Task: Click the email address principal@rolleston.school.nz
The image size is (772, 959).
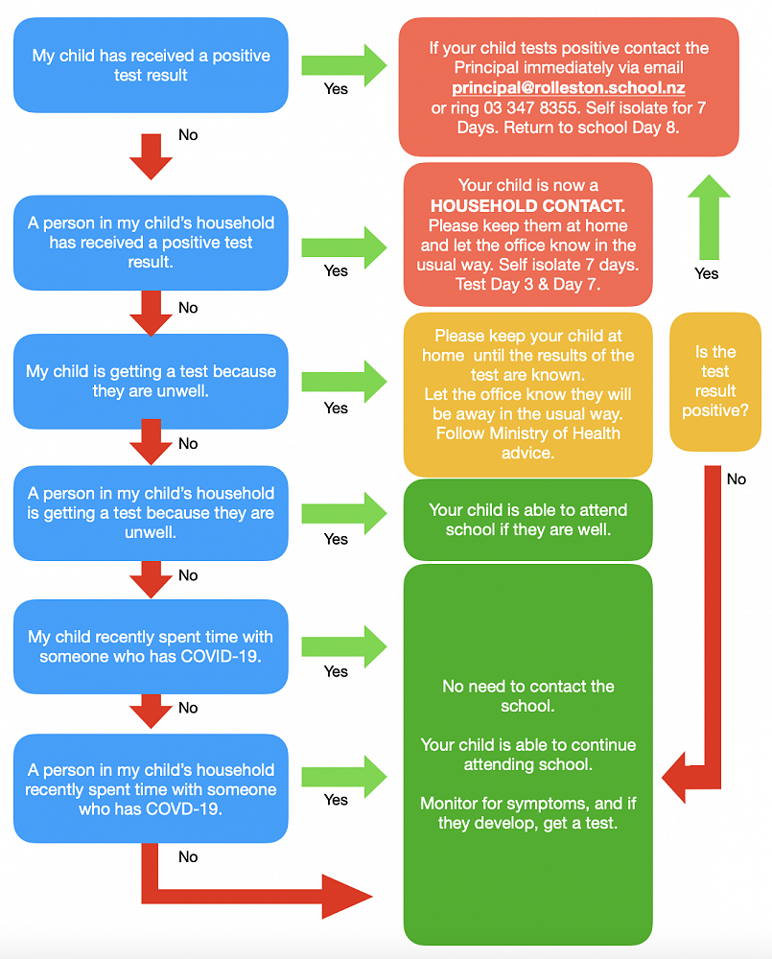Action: click(x=569, y=87)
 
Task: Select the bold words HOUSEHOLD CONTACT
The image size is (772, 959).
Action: click(x=527, y=205)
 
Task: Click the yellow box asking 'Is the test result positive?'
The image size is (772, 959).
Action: click(x=715, y=382)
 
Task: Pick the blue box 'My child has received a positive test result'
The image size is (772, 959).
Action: click(x=151, y=65)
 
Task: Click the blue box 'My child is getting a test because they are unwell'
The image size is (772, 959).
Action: click(x=151, y=381)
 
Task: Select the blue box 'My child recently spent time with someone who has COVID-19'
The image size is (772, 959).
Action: click(x=151, y=646)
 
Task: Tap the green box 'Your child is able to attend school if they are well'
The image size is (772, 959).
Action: click(x=527, y=520)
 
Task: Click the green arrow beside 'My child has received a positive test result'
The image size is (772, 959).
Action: click(x=343, y=65)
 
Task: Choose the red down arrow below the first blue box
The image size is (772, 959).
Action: click(x=151, y=156)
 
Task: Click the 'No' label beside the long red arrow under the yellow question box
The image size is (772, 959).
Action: click(x=736, y=479)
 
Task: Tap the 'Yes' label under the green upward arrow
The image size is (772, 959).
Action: click(x=706, y=273)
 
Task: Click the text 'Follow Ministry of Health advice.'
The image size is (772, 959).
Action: click(x=527, y=442)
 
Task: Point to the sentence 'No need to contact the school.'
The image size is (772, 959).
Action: click(x=527, y=695)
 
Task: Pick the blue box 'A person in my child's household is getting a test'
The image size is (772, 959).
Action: click(x=151, y=512)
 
